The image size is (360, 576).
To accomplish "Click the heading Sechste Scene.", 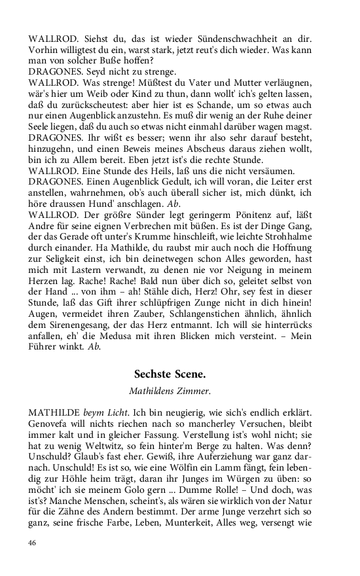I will click(170, 374).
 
